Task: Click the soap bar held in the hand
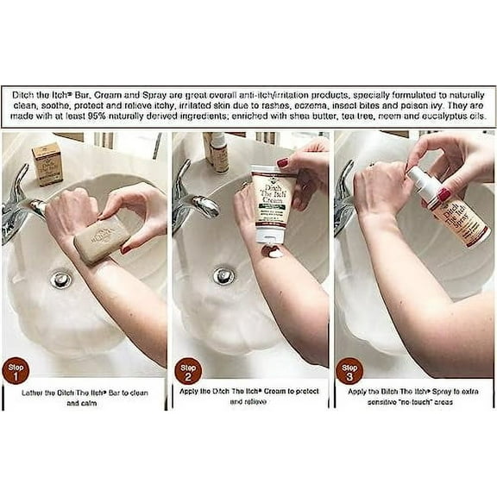[101, 244]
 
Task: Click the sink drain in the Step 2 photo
[222, 275]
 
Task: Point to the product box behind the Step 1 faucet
[47, 163]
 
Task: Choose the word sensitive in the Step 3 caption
[372, 403]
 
